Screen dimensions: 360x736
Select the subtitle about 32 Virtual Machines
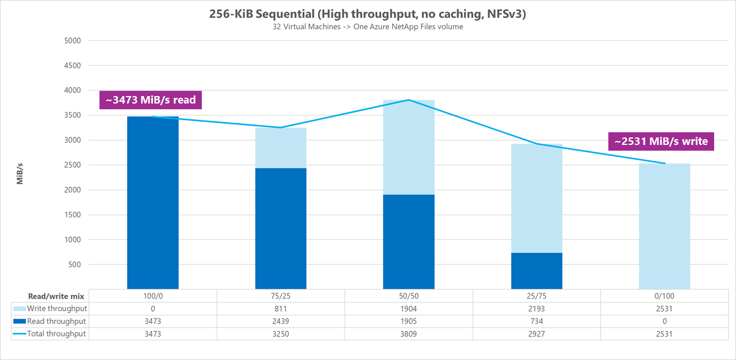(x=368, y=27)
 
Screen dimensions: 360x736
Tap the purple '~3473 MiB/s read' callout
(x=151, y=99)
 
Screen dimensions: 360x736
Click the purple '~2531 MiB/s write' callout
(x=661, y=141)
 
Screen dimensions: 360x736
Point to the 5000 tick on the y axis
(x=72, y=41)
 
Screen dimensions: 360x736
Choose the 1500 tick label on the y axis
(x=72, y=215)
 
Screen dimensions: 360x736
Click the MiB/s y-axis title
(x=20, y=173)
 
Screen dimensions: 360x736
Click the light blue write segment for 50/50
(x=409, y=147)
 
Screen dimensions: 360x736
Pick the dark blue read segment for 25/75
(x=536, y=271)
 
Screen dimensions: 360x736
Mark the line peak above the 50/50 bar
(x=409, y=100)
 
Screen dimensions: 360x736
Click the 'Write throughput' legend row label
(x=57, y=309)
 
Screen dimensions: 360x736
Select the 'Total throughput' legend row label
(x=57, y=334)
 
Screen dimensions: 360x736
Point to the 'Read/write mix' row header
(x=57, y=296)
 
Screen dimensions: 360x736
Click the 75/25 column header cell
(x=281, y=296)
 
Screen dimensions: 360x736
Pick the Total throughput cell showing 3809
(x=409, y=334)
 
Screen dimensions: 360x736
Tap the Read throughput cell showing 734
(x=536, y=321)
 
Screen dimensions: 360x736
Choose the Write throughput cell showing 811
(x=281, y=309)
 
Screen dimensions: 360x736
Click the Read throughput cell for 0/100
(x=664, y=321)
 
